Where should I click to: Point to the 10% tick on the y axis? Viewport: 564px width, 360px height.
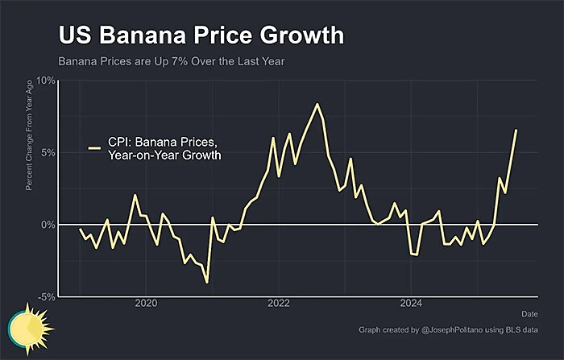point(45,81)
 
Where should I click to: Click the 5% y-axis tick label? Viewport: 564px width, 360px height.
point(48,152)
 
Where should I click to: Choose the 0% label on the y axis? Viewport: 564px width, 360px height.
point(48,224)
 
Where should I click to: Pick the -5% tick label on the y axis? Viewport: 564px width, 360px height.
point(46,296)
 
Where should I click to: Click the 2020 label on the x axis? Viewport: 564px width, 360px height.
point(146,304)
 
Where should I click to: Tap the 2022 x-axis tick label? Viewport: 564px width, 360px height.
point(279,304)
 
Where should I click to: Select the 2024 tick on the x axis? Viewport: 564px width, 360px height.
point(411,304)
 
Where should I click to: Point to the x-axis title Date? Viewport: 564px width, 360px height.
point(529,313)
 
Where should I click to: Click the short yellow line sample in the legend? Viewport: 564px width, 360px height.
point(94,148)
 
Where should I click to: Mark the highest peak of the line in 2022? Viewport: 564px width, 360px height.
point(317,104)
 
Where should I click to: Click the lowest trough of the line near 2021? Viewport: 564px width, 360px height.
point(207,282)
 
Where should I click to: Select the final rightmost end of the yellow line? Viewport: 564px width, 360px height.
point(516,130)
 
